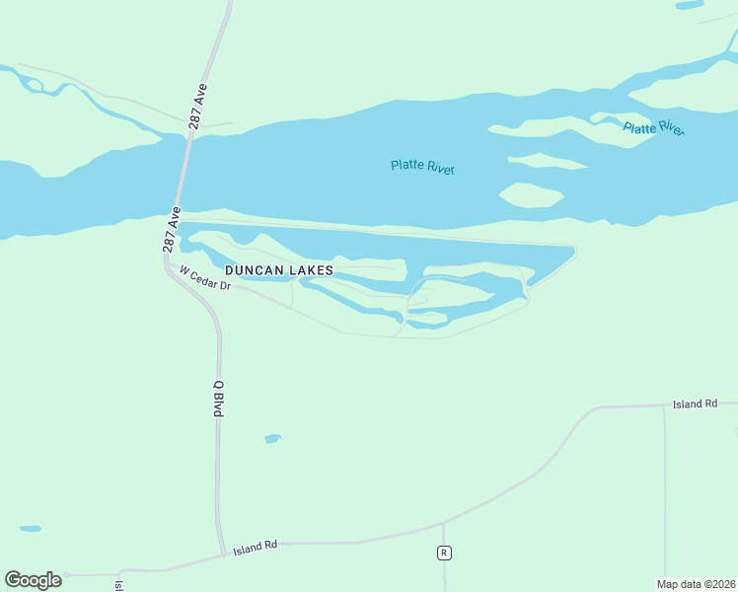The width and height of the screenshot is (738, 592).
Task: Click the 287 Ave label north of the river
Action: (198, 106)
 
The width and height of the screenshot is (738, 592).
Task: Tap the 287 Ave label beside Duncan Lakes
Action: (172, 231)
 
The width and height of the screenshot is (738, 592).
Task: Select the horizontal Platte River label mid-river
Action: (422, 167)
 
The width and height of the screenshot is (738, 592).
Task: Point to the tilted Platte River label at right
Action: (653, 128)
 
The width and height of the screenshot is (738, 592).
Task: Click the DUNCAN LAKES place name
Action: (279, 269)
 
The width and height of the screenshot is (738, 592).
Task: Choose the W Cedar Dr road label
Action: (204, 279)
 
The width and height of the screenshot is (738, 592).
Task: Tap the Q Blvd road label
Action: (219, 398)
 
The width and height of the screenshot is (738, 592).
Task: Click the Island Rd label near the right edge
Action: (695, 405)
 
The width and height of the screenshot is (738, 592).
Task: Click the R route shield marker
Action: (444, 553)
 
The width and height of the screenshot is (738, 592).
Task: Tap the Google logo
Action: (33, 580)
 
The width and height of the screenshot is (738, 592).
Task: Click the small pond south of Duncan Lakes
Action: (272, 438)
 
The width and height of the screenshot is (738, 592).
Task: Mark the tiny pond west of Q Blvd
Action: (31, 528)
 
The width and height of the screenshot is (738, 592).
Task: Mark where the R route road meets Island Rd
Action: (444, 523)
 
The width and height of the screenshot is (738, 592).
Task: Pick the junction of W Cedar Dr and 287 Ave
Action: (169, 263)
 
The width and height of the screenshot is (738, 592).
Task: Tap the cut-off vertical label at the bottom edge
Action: (118, 585)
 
